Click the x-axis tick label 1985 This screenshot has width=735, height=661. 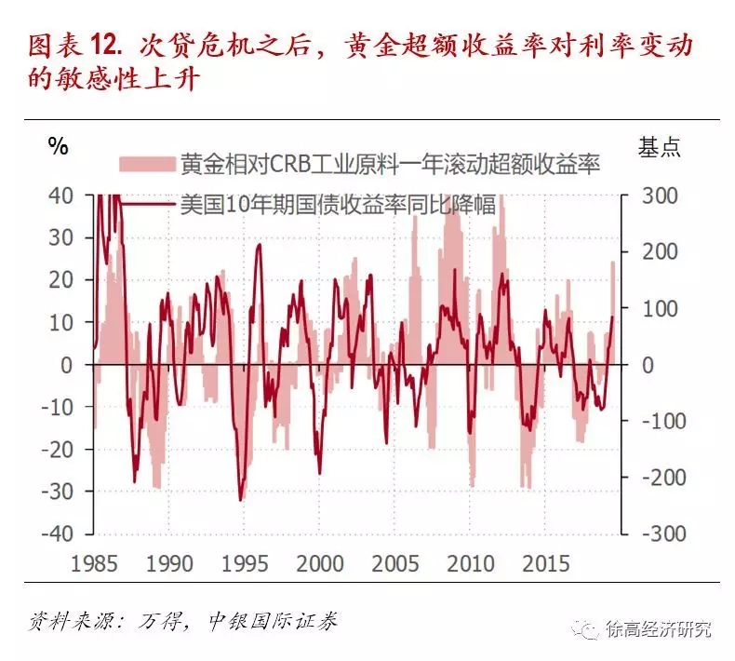coord(94,564)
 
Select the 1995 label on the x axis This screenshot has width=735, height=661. coord(246,564)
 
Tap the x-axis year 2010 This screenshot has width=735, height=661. coord(474,564)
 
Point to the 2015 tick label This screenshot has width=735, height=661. coord(549,564)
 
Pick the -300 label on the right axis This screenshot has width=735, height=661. coord(656,533)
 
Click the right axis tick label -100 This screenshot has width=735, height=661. coord(656,421)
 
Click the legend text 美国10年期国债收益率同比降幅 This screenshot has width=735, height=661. coord(337,205)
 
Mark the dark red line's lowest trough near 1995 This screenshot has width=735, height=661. coord(241,500)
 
